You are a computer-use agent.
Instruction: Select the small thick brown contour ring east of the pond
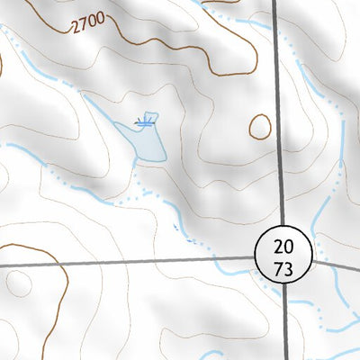260,126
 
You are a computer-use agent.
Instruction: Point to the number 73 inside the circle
283,268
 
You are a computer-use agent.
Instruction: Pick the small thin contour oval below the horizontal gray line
17,284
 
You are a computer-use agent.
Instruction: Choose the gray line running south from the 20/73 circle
286,324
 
